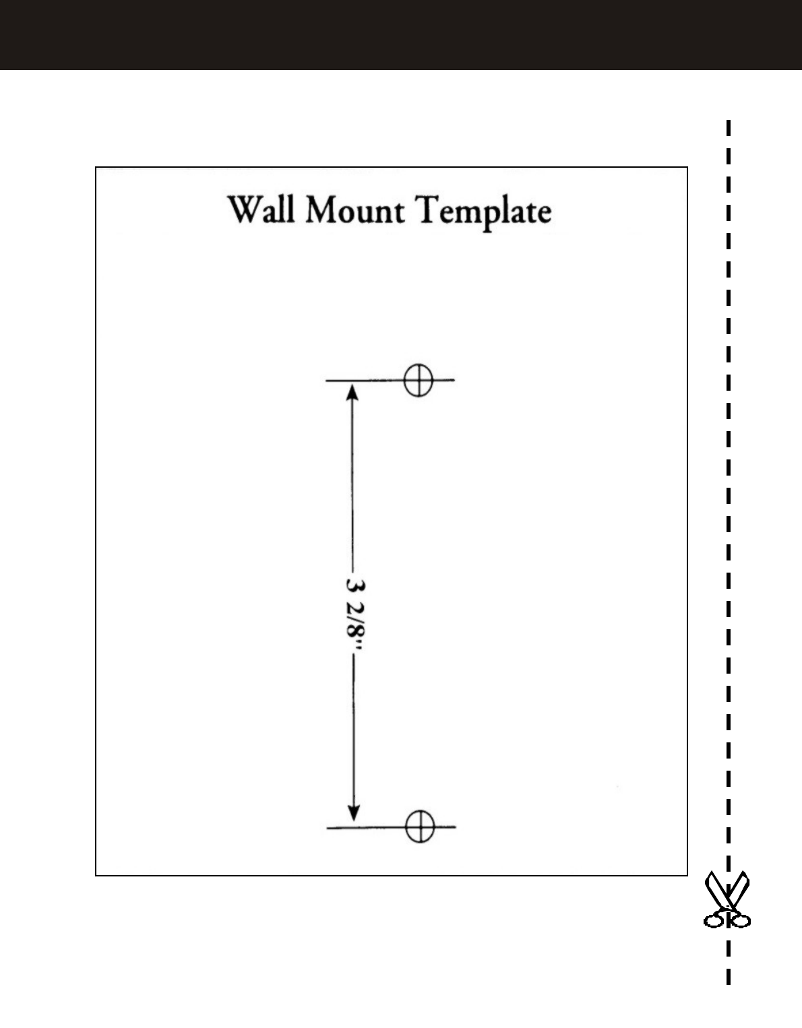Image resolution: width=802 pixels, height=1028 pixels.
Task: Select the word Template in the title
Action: click(x=483, y=212)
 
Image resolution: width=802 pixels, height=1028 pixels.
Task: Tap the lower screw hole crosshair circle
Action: click(x=420, y=825)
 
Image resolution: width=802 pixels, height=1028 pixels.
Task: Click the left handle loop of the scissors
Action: click(x=714, y=920)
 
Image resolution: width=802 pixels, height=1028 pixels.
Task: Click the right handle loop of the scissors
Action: click(x=741, y=920)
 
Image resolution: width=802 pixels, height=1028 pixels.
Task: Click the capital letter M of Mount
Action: click(x=322, y=210)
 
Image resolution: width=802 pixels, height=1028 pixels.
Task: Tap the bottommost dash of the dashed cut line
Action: click(x=729, y=977)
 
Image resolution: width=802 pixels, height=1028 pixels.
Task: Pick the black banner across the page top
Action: click(x=401, y=35)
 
